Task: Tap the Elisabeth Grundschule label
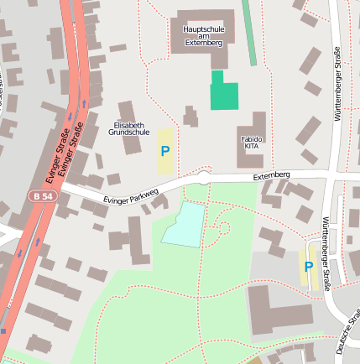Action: point(131,128)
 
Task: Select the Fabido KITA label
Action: point(252,142)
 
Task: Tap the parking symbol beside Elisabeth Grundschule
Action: point(165,152)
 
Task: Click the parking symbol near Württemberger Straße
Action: point(309,267)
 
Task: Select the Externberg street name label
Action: point(271,175)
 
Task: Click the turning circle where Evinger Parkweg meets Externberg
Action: point(203,176)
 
